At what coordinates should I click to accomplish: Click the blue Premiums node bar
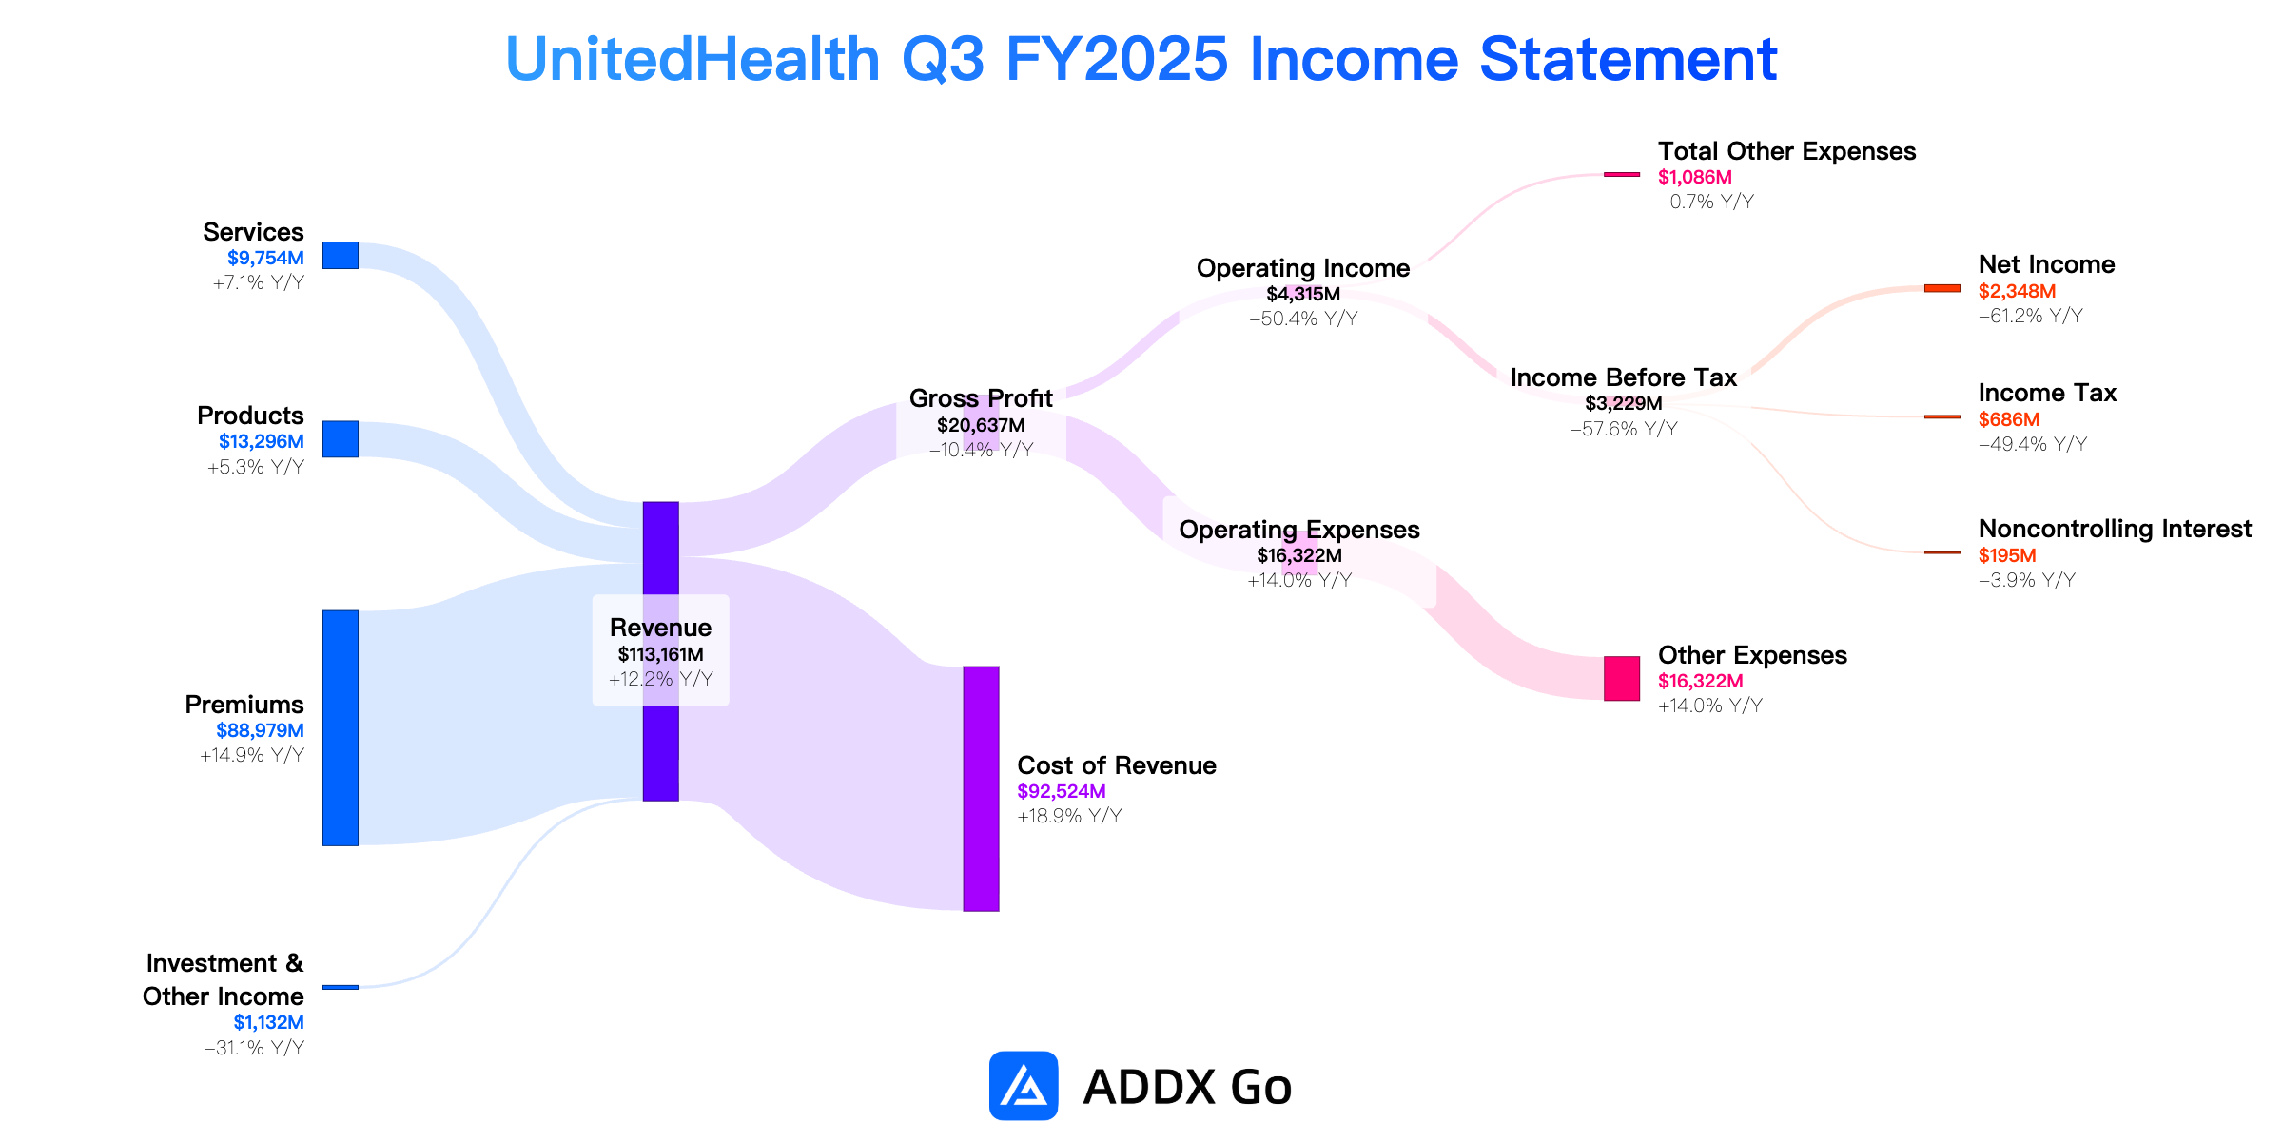341,727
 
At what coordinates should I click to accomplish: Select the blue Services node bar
341,255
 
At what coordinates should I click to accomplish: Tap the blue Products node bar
341,439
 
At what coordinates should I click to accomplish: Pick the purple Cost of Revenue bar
981,788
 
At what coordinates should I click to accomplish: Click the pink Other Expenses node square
1622,678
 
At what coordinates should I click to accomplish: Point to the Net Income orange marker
1942,288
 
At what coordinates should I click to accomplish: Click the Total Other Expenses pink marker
1622,174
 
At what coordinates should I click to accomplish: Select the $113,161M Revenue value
661,654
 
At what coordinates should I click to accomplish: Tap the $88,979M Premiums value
260,730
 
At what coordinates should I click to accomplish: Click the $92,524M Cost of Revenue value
1062,791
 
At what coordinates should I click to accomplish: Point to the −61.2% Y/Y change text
2031,316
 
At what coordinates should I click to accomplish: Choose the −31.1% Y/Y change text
254,1048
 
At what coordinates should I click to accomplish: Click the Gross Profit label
981,397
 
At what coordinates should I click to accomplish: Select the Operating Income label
1303,268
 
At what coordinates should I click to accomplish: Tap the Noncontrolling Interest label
2116,529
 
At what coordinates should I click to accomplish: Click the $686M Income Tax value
2009,419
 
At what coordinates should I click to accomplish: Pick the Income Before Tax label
1624,377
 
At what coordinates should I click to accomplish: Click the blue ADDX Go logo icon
1024,1086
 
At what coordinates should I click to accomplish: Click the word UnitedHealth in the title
693,59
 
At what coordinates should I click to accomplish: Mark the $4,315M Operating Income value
1303,294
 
